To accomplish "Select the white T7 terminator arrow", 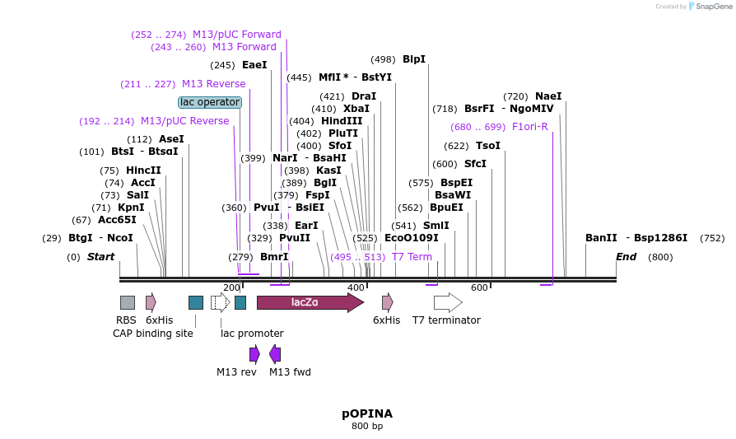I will tap(448, 302).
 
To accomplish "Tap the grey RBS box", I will tap(128, 302).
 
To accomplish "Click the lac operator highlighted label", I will tap(210, 102).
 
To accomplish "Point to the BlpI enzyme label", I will tap(414, 59).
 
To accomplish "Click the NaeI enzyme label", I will tap(548, 96).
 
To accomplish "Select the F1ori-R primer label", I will tap(529, 127).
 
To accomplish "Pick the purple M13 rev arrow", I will tap(254, 354).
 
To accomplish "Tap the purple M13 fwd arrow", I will tap(275, 354).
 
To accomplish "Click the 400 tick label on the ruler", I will tap(356, 287).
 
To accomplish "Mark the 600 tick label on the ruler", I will tap(479, 287).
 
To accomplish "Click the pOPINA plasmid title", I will tap(367, 413).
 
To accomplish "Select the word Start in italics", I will tap(100, 257).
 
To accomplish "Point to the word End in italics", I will tap(626, 257).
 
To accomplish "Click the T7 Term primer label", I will tap(412, 257).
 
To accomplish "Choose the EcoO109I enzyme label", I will tap(412, 238).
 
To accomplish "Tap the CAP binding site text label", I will tap(153, 334).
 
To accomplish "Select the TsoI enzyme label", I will tap(488, 146).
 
